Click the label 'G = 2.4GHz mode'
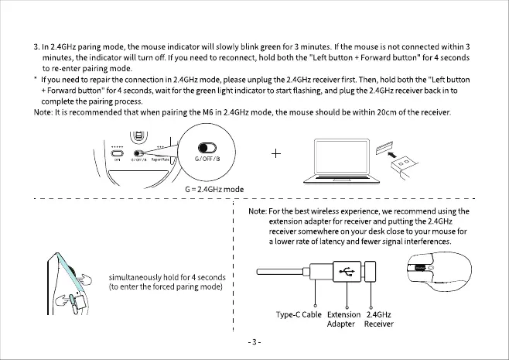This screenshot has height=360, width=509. point(214,189)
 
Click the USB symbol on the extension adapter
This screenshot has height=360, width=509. point(345,270)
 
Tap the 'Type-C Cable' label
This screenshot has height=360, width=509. point(299,314)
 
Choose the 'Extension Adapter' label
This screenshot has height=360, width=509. point(344,319)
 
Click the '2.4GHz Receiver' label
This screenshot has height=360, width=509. point(378,319)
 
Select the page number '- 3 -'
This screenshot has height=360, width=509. point(254,341)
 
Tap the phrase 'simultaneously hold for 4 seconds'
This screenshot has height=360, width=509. point(167,277)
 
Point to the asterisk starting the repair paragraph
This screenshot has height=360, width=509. point(36,81)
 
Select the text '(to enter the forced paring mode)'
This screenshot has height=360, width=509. point(166,287)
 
